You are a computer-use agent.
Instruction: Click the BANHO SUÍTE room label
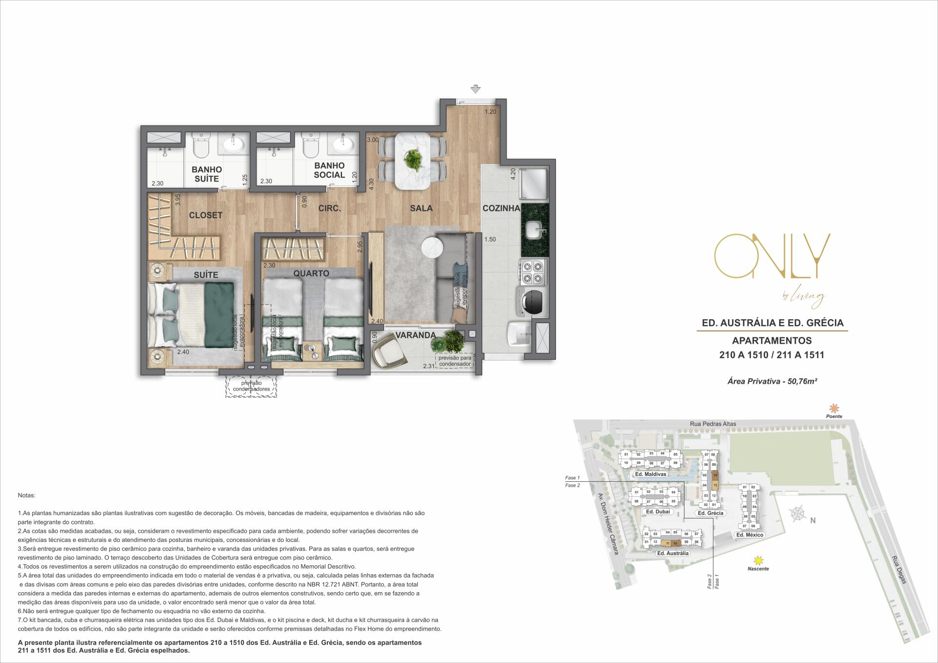pos(206,174)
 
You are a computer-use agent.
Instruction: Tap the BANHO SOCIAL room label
pos(329,170)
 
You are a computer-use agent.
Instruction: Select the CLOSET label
pos(205,215)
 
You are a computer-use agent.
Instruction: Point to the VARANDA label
pos(415,335)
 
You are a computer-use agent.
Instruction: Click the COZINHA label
pos(501,208)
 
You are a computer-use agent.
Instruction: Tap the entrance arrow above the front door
pos(475,89)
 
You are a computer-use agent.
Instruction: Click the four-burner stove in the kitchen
pos(533,272)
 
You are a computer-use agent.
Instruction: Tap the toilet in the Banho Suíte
pos(201,145)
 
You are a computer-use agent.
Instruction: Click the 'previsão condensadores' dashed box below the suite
pos(251,386)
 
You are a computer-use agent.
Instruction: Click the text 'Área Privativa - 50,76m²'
pos(772,381)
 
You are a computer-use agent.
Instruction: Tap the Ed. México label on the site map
pos(749,535)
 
